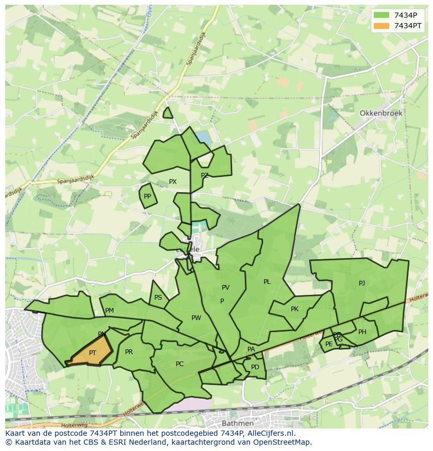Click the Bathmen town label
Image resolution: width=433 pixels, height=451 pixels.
pyautogui.click(x=237, y=423)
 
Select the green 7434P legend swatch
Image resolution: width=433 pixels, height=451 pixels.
pyautogui.click(x=382, y=15)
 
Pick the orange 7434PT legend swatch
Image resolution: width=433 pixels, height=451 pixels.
pyautogui.click(x=382, y=26)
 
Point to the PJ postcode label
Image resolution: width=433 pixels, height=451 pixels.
pyautogui.click(x=362, y=283)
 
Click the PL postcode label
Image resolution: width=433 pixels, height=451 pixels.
pyautogui.click(x=267, y=282)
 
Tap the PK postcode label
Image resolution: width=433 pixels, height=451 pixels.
pyautogui.click(x=294, y=309)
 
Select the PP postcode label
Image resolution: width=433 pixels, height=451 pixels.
pyautogui.click(x=147, y=196)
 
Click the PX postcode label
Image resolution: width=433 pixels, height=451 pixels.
pyautogui.click(x=173, y=182)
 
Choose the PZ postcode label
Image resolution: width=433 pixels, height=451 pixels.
pyautogui.click(x=204, y=175)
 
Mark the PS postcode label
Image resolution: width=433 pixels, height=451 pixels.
pyautogui.click(x=158, y=298)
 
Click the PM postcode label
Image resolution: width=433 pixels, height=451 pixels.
pyautogui.click(x=109, y=311)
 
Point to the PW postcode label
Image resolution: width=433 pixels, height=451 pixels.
pyautogui.click(x=196, y=318)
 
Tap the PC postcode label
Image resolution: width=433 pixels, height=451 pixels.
pyautogui.click(x=179, y=364)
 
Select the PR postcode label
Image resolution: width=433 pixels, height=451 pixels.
pyautogui.click(x=129, y=352)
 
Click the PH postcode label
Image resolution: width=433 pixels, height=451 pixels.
pyautogui.click(x=362, y=332)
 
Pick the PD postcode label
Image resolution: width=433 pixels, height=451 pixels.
pyautogui.click(x=255, y=367)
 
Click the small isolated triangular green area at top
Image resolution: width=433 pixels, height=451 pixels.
pyautogui.click(x=167, y=114)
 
